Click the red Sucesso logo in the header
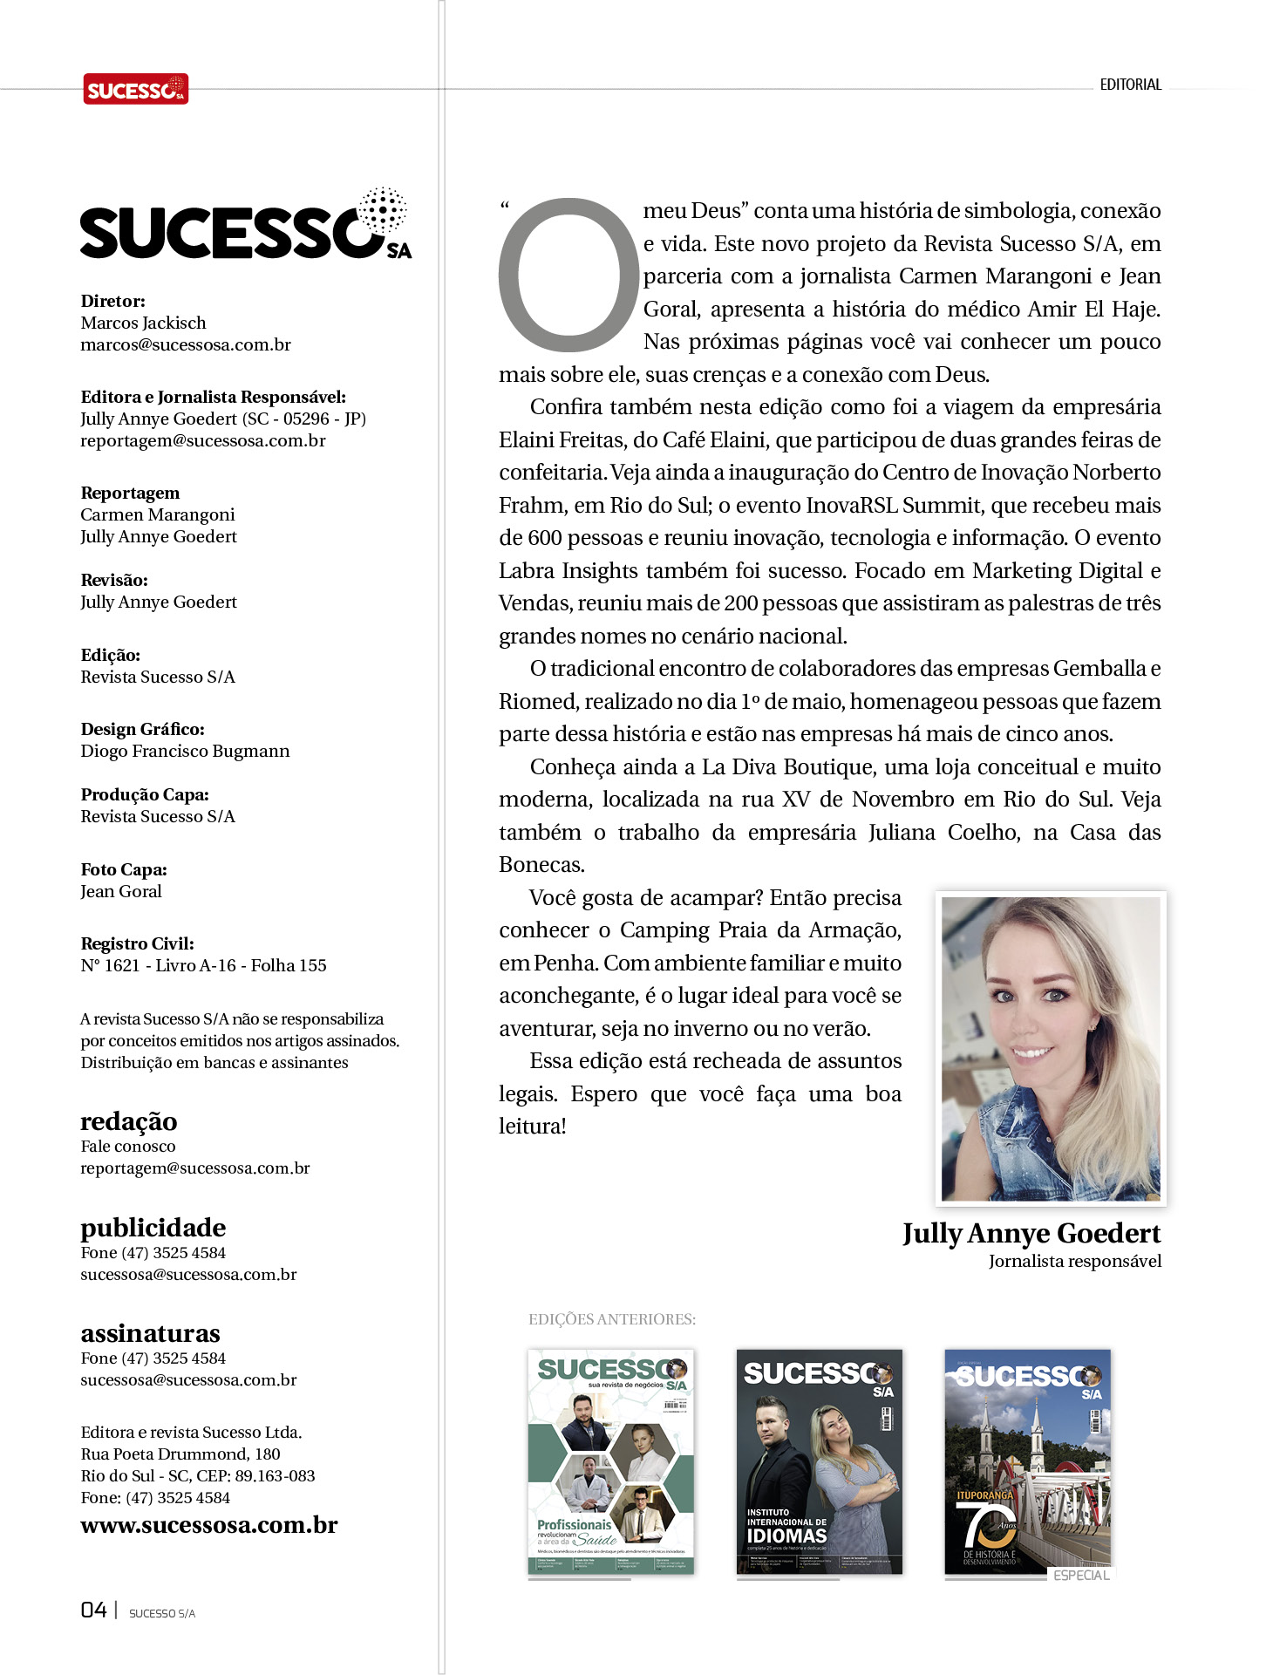point(135,89)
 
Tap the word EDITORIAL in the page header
point(1130,85)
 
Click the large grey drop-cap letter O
point(568,275)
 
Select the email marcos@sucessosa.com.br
point(186,344)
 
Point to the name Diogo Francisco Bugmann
point(185,751)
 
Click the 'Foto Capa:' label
point(124,869)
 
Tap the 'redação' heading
point(129,1120)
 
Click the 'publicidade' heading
point(153,1227)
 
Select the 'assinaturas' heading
point(150,1332)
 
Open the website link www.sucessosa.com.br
point(209,1525)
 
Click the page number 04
point(93,1610)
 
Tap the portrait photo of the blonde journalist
point(1051,1048)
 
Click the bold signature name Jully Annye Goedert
point(1031,1233)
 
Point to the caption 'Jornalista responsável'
point(1074,1261)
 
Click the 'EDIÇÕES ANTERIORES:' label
point(612,1319)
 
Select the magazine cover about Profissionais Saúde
point(611,1461)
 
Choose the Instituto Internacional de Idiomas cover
point(819,1461)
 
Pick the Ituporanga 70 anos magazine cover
point(1027,1461)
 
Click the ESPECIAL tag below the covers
point(1081,1576)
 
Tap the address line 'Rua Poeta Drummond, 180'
point(180,1454)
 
